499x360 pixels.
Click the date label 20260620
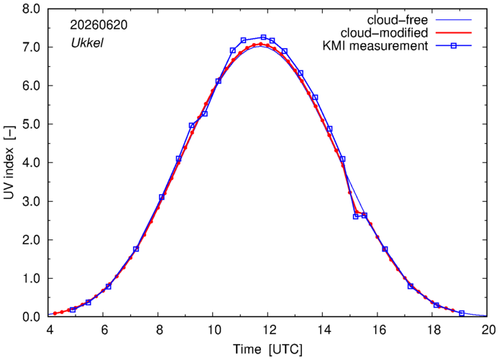point(99,25)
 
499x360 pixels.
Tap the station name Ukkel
point(87,43)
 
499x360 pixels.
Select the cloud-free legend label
point(398,20)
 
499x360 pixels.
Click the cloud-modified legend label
point(384,33)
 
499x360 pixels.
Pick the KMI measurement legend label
point(375,46)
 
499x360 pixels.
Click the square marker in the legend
point(454,46)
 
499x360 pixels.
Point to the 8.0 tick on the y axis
point(31,9)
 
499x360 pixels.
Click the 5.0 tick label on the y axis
point(31,124)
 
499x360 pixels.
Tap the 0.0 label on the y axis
point(31,317)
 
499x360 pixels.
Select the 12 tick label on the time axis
point(268,330)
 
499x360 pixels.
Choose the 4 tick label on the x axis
point(50,330)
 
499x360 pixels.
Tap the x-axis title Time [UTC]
point(268,349)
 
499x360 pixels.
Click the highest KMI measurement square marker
point(263,37)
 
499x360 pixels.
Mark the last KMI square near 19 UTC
point(462,313)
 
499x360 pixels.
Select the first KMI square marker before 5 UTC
point(73,310)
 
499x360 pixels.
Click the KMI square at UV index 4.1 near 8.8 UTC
point(178,159)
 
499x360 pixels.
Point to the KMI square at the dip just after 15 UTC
point(356,216)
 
